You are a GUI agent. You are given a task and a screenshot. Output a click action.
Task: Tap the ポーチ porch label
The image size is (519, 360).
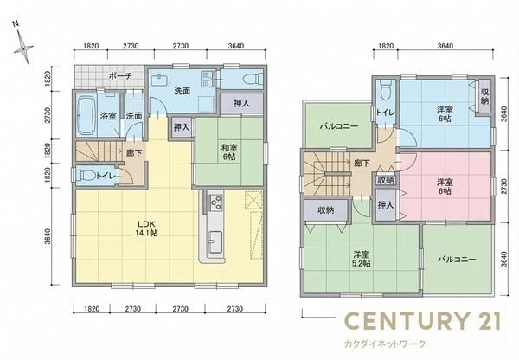[120, 76]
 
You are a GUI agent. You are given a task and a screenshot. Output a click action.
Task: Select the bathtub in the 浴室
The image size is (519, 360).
[86, 116]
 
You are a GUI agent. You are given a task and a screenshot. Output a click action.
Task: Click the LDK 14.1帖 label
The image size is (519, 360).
[147, 228]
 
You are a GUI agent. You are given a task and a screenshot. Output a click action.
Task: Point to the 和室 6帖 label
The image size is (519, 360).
[229, 152]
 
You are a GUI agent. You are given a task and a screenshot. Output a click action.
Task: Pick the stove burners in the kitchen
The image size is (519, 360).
[215, 202]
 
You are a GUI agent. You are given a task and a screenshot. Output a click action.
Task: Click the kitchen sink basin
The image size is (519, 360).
[215, 241]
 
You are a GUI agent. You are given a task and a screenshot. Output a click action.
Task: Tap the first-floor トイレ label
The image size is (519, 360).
[106, 176]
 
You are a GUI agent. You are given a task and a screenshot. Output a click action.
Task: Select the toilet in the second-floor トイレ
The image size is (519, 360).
[385, 90]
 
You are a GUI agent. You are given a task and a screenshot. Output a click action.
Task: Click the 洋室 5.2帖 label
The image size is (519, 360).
[362, 259]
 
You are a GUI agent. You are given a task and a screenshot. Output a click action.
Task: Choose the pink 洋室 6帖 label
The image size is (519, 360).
[445, 186]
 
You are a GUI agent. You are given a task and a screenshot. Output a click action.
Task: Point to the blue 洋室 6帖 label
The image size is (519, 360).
[445, 113]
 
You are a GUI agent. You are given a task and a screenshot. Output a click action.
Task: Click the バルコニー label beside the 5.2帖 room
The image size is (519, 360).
[457, 260]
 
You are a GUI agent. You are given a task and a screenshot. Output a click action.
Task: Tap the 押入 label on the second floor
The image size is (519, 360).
[386, 205]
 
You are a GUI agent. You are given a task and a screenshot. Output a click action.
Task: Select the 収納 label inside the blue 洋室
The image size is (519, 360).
[484, 96]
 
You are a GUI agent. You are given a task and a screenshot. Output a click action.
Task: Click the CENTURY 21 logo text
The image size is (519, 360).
[423, 320]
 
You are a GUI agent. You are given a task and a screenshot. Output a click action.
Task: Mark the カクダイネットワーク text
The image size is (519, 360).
[385, 344]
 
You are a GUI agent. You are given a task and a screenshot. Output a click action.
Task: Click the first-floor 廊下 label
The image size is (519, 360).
[134, 154]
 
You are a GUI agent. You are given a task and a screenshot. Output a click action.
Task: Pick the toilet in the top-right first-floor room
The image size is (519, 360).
[253, 80]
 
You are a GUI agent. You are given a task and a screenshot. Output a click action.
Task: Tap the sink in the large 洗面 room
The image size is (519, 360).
[159, 80]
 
